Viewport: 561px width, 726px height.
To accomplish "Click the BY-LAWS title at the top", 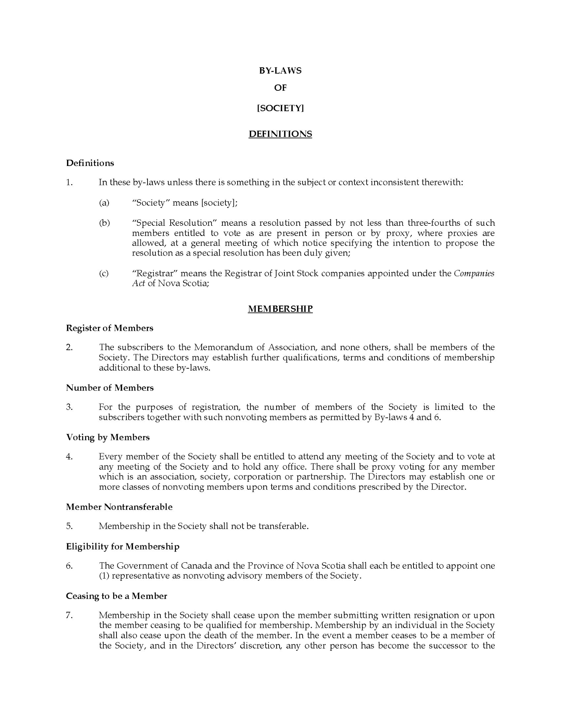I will coord(280,71).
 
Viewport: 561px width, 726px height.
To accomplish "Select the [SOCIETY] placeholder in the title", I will coord(280,108).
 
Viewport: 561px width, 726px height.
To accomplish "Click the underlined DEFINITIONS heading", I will coord(280,134).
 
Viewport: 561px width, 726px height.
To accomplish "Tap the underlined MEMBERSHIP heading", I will coord(280,309).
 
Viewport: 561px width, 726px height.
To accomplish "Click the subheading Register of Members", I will coord(110,328).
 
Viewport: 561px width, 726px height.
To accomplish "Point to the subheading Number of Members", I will coord(110,388).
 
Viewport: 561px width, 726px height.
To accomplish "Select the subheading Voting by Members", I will coord(108,437).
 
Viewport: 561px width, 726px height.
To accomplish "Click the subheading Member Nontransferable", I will coord(119,507).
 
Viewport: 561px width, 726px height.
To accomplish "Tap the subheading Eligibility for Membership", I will coord(123,547).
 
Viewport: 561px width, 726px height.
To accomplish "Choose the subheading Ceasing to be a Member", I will coord(117,596).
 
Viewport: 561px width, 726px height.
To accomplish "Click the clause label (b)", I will coord(104,223).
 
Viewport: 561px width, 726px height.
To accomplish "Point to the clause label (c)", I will coord(104,273).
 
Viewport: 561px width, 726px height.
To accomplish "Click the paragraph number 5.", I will coord(69,526).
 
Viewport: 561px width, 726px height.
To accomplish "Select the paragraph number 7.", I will coord(69,616).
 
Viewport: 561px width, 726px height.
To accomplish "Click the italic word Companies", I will coord(474,273).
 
